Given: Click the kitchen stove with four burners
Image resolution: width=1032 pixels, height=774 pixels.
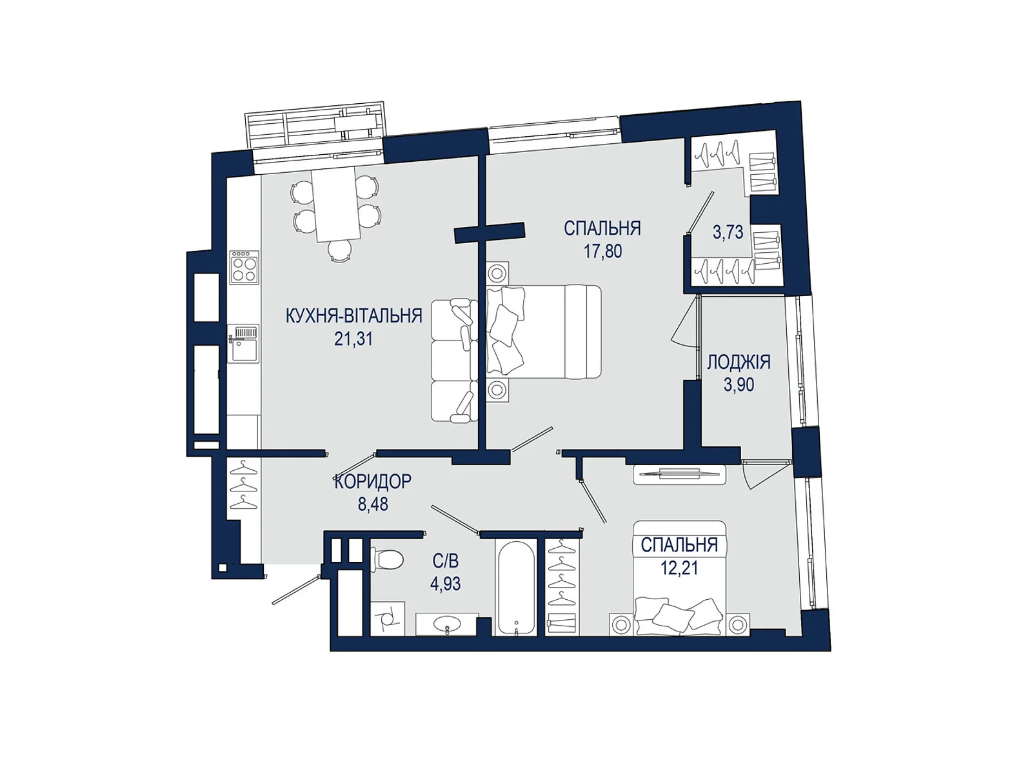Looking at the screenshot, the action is click(244, 267).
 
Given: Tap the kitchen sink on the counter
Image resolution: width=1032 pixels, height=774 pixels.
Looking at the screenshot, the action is click(243, 344).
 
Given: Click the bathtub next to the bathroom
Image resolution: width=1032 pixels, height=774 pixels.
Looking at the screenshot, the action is click(516, 587).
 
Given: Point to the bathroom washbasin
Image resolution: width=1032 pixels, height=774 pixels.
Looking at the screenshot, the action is click(446, 624).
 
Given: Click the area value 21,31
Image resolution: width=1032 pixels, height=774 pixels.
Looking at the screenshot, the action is click(353, 339).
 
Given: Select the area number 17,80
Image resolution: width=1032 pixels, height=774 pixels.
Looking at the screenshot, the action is click(602, 251).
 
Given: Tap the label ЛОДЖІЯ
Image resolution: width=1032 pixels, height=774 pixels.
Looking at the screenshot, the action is click(739, 362).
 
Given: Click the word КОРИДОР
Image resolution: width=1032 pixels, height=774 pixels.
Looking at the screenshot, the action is click(373, 482).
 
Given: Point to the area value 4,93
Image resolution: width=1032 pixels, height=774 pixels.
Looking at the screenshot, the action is click(445, 584).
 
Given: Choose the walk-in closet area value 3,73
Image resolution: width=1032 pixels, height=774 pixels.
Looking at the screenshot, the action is click(728, 232).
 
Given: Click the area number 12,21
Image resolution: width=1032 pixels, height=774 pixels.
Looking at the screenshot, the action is click(679, 568).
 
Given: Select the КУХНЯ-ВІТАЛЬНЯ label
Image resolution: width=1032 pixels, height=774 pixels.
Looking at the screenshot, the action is click(354, 316).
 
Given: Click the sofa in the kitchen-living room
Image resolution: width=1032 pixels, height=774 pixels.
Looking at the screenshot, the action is click(454, 361).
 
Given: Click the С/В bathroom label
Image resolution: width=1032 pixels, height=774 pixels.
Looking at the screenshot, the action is click(446, 561).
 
